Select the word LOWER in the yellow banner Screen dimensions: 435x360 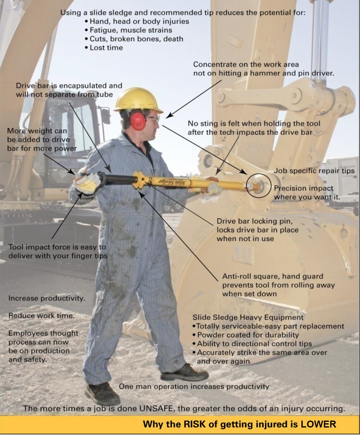click(318, 424)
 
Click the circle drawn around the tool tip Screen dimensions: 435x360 click(259, 185)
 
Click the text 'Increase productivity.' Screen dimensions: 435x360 click(46, 298)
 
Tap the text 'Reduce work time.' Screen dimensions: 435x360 click(41, 316)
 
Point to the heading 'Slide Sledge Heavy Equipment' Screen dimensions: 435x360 click(248, 317)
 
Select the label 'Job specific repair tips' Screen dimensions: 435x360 click(314, 171)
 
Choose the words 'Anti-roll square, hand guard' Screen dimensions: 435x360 click(273, 276)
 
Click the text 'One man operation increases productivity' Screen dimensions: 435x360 click(194, 386)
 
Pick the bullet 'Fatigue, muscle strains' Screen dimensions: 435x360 click(131, 30)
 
